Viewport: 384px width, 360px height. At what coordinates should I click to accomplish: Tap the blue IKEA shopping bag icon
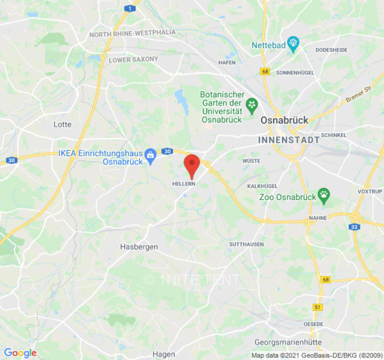click(x=150, y=155)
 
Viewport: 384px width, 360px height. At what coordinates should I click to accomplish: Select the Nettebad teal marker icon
click(x=294, y=43)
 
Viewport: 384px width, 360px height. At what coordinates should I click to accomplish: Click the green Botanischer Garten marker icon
click(x=252, y=105)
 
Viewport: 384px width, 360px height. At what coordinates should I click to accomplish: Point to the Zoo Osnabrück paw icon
click(x=324, y=195)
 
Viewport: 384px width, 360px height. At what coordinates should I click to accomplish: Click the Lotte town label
click(x=62, y=124)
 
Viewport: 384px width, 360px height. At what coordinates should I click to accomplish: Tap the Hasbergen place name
click(x=139, y=247)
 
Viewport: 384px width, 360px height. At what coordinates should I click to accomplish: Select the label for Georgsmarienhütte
click(x=288, y=342)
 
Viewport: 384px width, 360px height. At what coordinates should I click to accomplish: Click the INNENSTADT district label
click(x=289, y=140)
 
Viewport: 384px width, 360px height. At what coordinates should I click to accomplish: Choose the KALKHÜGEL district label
click(x=262, y=186)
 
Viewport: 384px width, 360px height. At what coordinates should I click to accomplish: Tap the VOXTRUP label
click(x=370, y=191)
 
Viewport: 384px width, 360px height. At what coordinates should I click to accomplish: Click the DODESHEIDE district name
click(x=332, y=50)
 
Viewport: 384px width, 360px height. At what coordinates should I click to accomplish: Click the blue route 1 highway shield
click(x=129, y=9)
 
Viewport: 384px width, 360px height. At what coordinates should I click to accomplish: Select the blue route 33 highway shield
click(x=355, y=227)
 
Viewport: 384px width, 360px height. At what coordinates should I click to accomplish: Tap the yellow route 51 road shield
click(x=318, y=307)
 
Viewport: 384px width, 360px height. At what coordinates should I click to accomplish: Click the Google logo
click(x=20, y=353)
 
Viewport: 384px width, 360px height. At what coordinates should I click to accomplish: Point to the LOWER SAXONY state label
click(x=133, y=59)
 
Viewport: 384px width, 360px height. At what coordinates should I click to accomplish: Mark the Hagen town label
click(x=163, y=354)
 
